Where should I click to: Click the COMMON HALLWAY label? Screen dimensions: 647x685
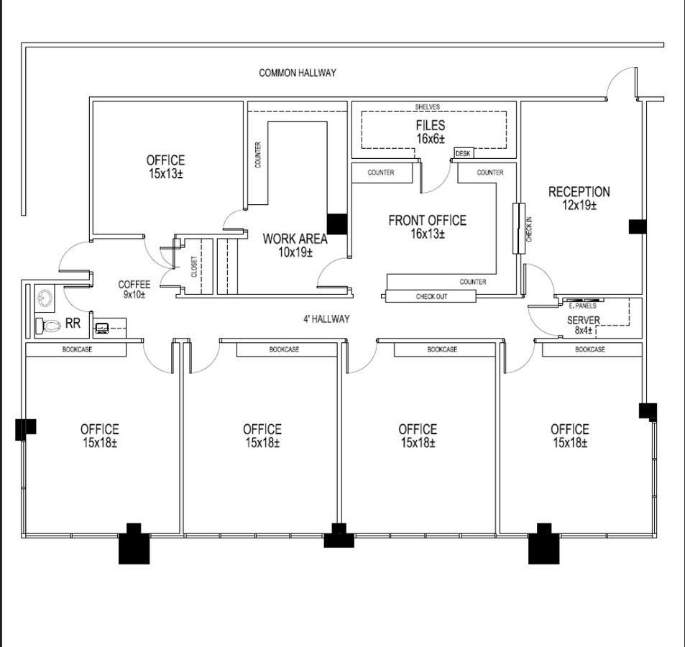[x=297, y=73]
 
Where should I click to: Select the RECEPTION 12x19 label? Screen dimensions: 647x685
[x=579, y=198]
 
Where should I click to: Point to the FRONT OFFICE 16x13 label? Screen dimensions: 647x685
[x=427, y=226]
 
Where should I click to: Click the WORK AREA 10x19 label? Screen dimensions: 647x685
[x=295, y=245]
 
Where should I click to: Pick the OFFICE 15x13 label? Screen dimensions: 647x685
[x=165, y=167]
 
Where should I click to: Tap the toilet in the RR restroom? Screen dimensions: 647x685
[x=50, y=326]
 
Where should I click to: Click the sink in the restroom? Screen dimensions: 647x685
[x=46, y=298]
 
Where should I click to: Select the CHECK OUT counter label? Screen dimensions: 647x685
[x=431, y=296]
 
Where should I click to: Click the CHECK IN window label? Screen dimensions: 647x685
[x=528, y=229]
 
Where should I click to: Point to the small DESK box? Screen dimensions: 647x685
[x=462, y=153]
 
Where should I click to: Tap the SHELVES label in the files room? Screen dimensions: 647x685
[x=427, y=106]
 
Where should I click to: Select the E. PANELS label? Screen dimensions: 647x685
[x=582, y=306]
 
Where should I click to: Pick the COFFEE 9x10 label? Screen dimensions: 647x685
[x=134, y=289]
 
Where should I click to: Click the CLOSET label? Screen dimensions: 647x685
[x=194, y=267]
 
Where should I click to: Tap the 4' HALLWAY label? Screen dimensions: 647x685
[x=326, y=318]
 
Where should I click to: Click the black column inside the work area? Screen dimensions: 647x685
[x=337, y=224]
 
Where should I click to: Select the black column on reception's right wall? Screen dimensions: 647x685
[x=637, y=226]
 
